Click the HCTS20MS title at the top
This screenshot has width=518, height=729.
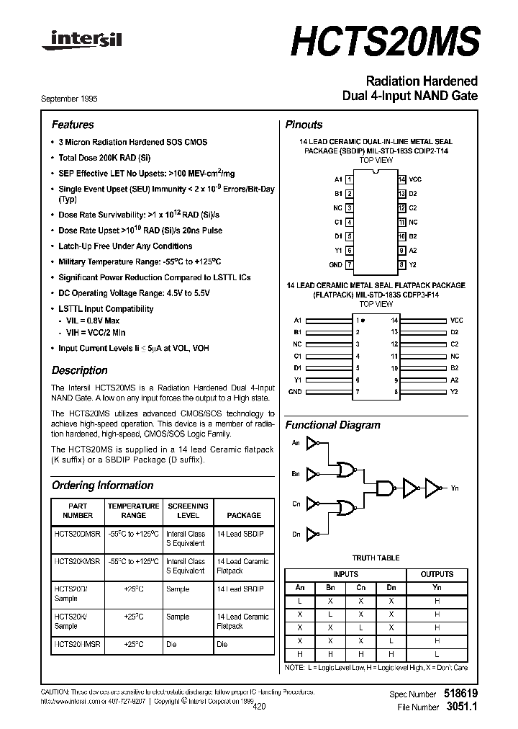pos(385,43)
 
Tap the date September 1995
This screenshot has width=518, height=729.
pos(75,99)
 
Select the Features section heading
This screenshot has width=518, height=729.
pos(73,125)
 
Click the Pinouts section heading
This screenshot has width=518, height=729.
pos(304,125)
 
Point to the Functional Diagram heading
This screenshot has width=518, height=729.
pos(332,425)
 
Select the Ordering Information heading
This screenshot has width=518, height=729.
pos(102,486)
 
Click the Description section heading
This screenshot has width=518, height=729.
pos(79,370)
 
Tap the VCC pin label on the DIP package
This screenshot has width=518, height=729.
pos(415,179)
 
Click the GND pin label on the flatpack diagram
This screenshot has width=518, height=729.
pos(295,392)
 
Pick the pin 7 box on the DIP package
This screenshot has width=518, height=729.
pos(349,264)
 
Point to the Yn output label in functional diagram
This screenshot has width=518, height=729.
pos(455,489)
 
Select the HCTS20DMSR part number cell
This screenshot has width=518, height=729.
pos(78,534)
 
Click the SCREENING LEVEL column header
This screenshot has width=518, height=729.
pos(187,511)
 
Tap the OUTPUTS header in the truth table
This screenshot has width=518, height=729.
pos(437,574)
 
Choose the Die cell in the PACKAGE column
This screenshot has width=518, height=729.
pos(222,645)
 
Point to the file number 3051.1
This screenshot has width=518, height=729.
pos(462,707)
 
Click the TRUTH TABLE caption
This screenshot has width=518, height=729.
pos(376,558)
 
